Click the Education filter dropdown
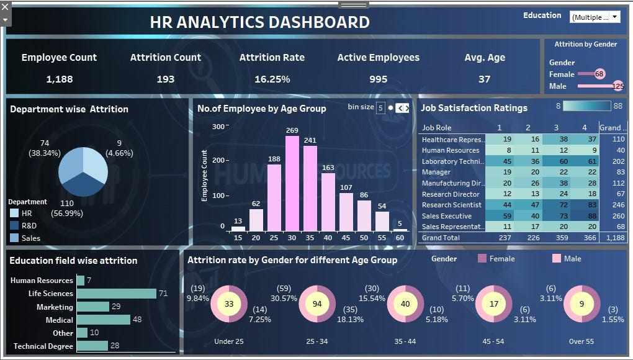pos(595,17)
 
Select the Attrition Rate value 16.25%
pos(272,79)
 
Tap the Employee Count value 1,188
pos(59,79)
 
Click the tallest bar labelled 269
pos(292,183)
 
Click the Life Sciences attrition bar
pos(117,294)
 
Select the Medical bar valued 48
pos(104,320)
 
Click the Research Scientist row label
pos(451,205)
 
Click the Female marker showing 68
pos(599,74)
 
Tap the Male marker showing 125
pos(618,86)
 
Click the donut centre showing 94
pos(317,304)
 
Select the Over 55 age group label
pos(581,341)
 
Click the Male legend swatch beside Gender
pos(556,258)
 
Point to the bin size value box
pos(380,107)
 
